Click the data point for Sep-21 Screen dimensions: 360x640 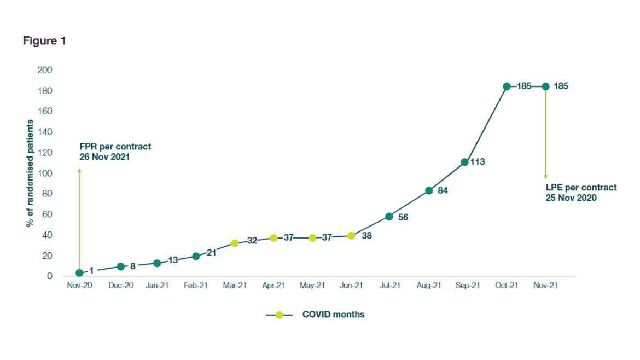pyautogui.click(x=464, y=162)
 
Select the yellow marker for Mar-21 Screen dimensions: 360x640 pyautogui.click(x=235, y=243)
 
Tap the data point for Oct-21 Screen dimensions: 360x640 pyautogui.click(x=507, y=86)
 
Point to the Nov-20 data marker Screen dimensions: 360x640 pyautogui.click(x=79, y=273)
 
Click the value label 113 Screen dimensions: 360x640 pyautogui.click(x=478, y=162)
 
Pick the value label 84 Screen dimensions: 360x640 pyautogui.click(x=443, y=191)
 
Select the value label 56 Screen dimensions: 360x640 pyautogui.click(x=403, y=217)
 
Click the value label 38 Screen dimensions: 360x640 pyautogui.click(x=367, y=236)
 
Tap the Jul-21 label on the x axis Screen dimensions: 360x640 pyautogui.click(x=389, y=286)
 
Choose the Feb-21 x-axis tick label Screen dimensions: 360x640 pyautogui.click(x=196, y=286)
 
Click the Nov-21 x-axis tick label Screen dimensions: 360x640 pyautogui.click(x=545, y=286)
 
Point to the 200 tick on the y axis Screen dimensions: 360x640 pyautogui.click(x=45, y=70)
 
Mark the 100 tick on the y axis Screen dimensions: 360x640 pyautogui.click(x=45, y=173)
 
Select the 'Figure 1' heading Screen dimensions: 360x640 pyautogui.click(x=44, y=41)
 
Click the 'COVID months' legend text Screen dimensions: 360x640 pyautogui.click(x=333, y=315)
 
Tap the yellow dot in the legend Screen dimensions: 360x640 pyautogui.click(x=279, y=315)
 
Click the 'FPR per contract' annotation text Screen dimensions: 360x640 pyautogui.click(x=115, y=147)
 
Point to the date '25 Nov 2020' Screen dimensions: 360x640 pyautogui.click(x=571, y=198)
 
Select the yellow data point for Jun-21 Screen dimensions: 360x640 pyautogui.click(x=351, y=236)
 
